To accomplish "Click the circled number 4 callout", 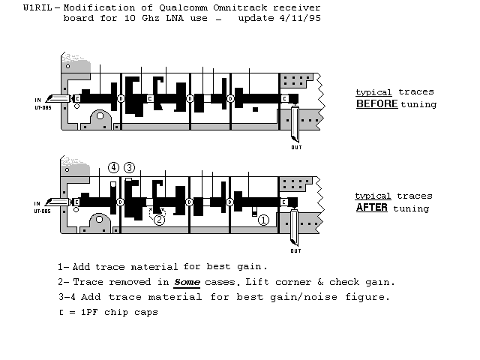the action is click(x=113, y=167).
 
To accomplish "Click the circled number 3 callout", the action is click(x=129, y=167).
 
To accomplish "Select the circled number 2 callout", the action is click(x=159, y=220).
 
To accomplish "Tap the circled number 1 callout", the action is click(x=263, y=220).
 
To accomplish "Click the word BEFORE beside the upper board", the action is click(x=376, y=103).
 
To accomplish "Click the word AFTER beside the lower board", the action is click(x=372, y=207).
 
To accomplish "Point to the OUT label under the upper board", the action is click(x=296, y=148).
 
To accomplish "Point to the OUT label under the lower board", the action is click(x=295, y=251).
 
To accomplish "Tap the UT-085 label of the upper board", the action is click(x=43, y=108).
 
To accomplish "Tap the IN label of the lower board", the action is click(x=37, y=203).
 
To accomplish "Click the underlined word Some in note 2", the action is click(x=187, y=282).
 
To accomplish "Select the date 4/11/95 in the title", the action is click(x=300, y=18).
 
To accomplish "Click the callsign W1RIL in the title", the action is click(x=37, y=7).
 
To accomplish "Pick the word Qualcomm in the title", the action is click(x=183, y=7).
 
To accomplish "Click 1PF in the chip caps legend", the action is click(x=89, y=312).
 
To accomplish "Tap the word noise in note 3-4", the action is click(x=323, y=297).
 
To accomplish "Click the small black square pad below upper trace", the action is click(x=255, y=109).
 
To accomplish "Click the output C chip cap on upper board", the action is click(x=285, y=98).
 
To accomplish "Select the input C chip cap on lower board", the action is click(x=76, y=202).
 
